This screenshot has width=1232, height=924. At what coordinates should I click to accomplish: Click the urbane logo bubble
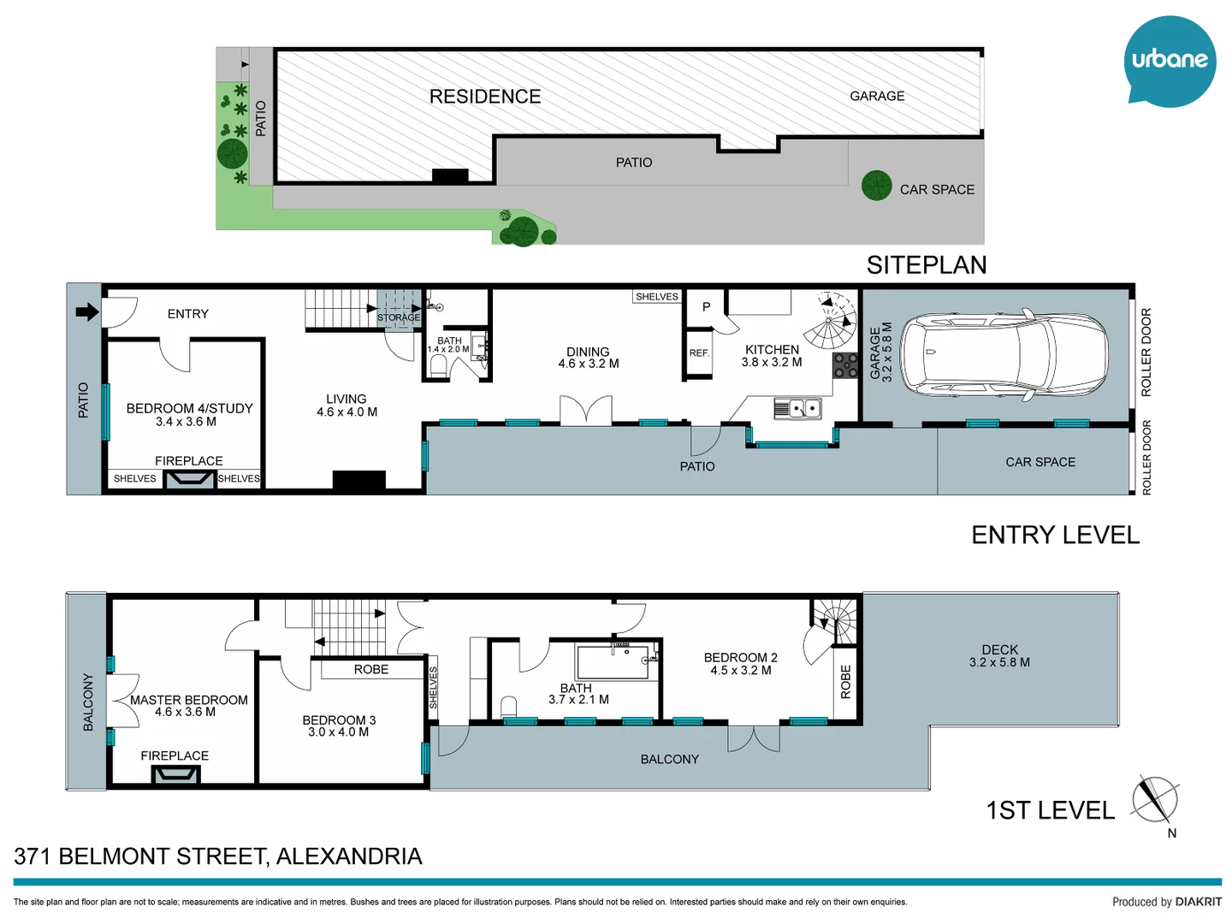tap(1170, 60)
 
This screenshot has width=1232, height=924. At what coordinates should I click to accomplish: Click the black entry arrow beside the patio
tap(87, 312)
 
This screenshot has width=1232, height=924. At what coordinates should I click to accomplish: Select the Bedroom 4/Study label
tap(189, 409)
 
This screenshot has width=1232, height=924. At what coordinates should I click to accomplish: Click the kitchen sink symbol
tap(798, 408)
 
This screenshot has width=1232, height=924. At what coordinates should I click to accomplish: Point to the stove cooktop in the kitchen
tap(845, 365)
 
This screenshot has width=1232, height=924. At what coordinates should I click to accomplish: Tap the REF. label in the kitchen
tap(699, 353)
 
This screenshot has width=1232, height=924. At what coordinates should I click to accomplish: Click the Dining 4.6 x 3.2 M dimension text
tap(589, 364)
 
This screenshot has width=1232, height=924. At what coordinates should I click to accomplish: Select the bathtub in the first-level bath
tap(613, 662)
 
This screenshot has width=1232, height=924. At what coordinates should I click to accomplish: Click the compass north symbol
tap(1155, 801)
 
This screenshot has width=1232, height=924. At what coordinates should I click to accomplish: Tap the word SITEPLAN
tap(926, 265)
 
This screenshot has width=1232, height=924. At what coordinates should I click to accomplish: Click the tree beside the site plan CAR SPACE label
tap(877, 186)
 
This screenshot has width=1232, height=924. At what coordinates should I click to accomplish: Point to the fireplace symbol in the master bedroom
tap(175, 775)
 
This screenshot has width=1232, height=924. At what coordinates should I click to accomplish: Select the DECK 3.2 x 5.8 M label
tap(999, 656)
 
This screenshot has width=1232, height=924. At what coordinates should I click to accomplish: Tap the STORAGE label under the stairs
tap(399, 317)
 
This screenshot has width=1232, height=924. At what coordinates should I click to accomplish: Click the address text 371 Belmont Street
tap(218, 856)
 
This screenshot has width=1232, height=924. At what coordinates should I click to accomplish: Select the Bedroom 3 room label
tap(339, 720)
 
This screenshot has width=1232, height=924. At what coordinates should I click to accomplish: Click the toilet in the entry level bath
tap(439, 366)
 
